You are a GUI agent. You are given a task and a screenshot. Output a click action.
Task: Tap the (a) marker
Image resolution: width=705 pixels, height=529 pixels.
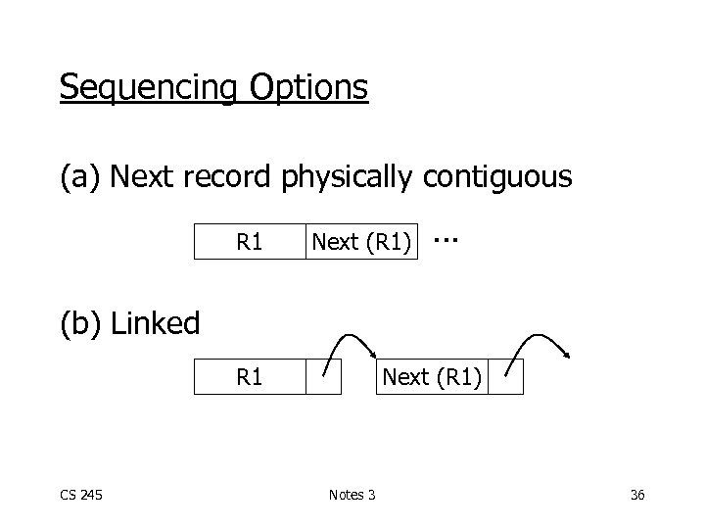(81, 177)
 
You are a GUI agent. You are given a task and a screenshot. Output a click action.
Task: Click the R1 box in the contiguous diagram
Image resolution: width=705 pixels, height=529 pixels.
(250, 241)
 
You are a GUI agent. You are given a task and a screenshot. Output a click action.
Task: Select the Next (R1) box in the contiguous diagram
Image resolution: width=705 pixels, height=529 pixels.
(360, 241)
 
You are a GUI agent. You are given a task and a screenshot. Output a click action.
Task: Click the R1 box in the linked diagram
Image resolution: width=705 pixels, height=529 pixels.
(250, 376)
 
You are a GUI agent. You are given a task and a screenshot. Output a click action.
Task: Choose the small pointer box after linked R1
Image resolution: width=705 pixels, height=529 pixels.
(323, 376)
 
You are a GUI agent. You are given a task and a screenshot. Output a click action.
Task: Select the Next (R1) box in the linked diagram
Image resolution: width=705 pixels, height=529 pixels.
(432, 376)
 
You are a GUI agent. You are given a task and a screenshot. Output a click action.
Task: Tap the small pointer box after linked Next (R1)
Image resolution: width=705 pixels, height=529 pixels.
(505, 376)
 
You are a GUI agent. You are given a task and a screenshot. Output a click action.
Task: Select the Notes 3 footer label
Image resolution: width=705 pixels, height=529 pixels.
(352, 495)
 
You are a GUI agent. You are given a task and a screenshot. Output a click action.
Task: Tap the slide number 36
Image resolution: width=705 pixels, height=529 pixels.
(637, 495)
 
